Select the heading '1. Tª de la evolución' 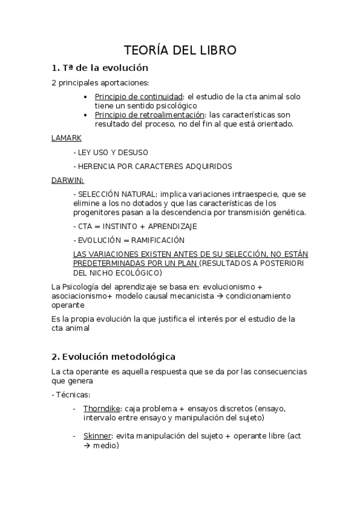click(100, 68)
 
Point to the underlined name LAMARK click(66, 138)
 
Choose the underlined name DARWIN click(67, 180)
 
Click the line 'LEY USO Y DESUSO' click(112, 152)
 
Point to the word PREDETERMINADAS click(106, 263)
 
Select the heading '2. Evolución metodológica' click(114, 357)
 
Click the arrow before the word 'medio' click(87, 446)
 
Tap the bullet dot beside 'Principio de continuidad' click(88, 97)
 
